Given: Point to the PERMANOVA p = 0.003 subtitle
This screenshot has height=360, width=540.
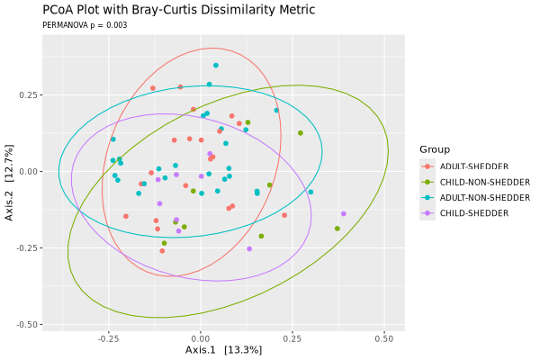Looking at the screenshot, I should click(x=85, y=25).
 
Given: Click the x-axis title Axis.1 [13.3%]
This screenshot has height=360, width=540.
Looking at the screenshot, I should click(x=223, y=349).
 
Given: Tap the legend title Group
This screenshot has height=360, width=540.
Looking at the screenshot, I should click(x=434, y=149).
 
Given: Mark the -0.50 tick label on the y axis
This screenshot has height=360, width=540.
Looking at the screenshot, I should click(x=24, y=324).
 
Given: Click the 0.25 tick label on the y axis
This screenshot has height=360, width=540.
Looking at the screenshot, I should click(x=26, y=95).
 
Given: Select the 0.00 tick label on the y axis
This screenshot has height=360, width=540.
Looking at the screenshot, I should click(x=26, y=172).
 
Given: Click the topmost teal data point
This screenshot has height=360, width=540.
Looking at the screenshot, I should click(x=216, y=65).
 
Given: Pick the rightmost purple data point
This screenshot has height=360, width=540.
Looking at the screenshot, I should click(x=344, y=213).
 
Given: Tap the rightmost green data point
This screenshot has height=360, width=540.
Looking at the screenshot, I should click(x=337, y=229).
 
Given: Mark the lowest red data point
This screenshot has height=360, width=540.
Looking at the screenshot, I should click(x=162, y=251).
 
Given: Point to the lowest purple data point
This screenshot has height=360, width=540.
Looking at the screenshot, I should click(x=249, y=248).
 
